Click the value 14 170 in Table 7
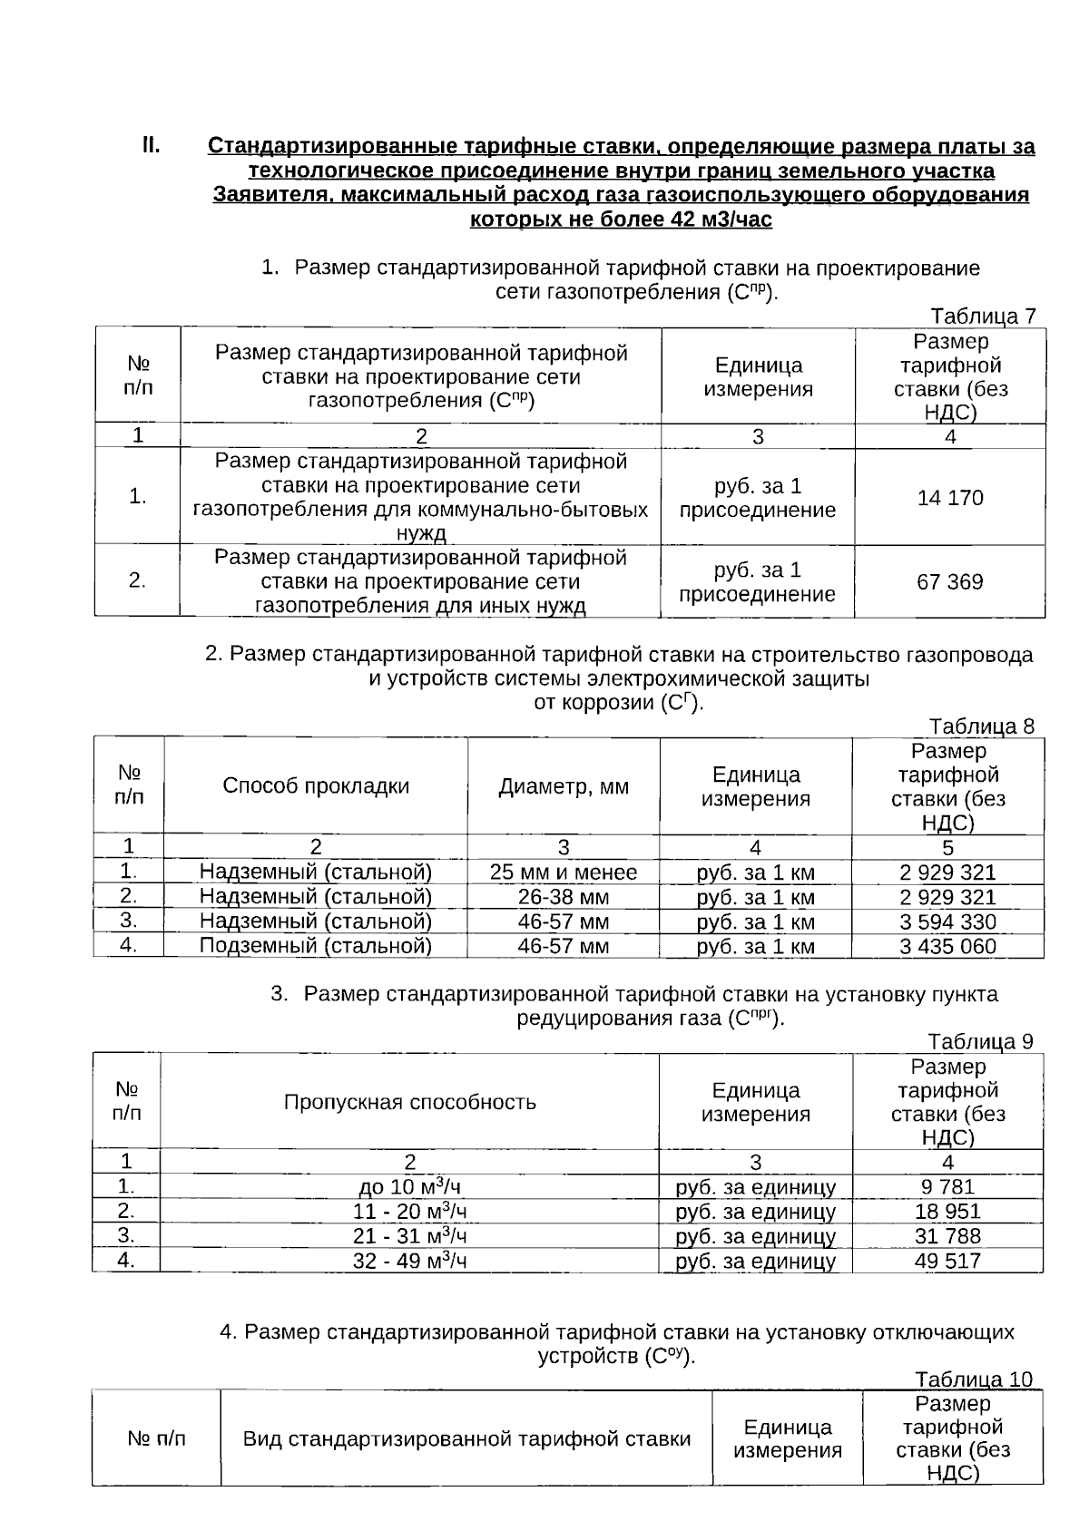click(x=949, y=498)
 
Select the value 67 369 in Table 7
click(x=949, y=581)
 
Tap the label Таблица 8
click(x=980, y=726)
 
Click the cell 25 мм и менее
click(x=564, y=872)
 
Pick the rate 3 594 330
click(x=947, y=922)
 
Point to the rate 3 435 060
click(x=947, y=947)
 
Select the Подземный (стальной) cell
click(x=315, y=946)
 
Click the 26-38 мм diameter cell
click(x=564, y=898)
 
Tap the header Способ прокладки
click(x=316, y=785)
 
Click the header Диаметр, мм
click(x=564, y=786)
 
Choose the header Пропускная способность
click(x=409, y=1102)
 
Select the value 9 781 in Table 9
click(x=947, y=1186)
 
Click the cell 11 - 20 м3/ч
click(x=409, y=1212)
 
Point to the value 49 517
click(x=947, y=1261)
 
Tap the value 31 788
click(x=947, y=1236)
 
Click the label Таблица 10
click(x=974, y=1379)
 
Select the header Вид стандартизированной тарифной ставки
click(x=466, y=1438)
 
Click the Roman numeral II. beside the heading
click(x=151, y=145)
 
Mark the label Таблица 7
click(x=983, y=317)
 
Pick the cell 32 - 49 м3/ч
click(x=409, y=1261)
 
